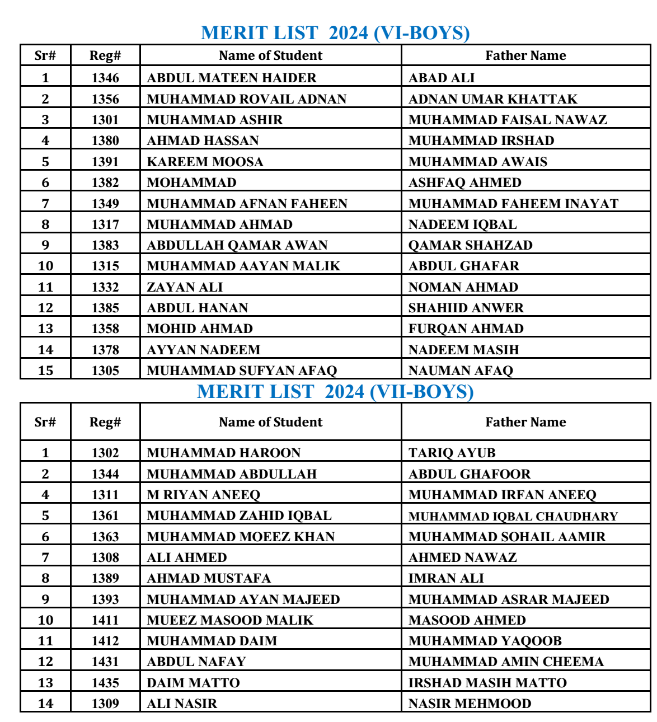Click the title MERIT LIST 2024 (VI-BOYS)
point(335,33)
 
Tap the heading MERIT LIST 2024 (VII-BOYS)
point(335,392)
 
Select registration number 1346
point(105,78)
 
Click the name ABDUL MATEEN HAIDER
point(232,78)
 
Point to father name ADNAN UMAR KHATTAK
point(492,99)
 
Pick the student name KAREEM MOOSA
point(205,162)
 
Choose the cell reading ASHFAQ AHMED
point(464,182)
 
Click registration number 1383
point(105,245)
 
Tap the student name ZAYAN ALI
point(185,287)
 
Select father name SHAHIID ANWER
point(466,308)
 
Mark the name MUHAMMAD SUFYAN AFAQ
point(242,371)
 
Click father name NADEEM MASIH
point(463,350)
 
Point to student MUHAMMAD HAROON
point(224,453)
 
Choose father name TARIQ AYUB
point(452,453)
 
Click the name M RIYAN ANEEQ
point(204,495)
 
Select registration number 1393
point(105,599)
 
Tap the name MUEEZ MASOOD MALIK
point(230,620)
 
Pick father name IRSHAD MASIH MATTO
point(487,683)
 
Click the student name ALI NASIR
point(182,704)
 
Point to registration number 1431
point(105,662)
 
